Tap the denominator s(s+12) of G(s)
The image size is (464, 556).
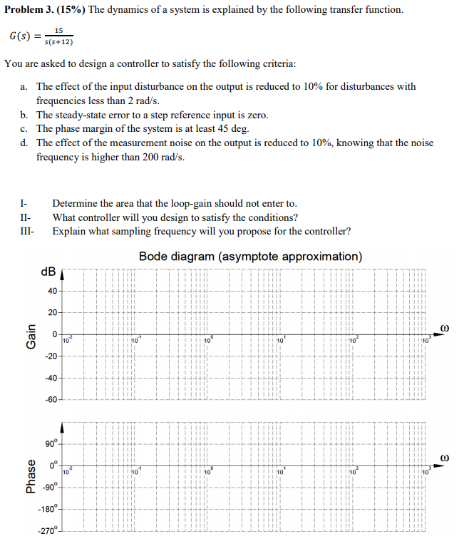pos(58,41)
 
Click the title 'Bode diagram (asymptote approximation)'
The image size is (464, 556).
pos(250,256)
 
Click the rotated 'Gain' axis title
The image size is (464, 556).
pos(30,335)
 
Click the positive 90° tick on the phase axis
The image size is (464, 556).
pos(51,445)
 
